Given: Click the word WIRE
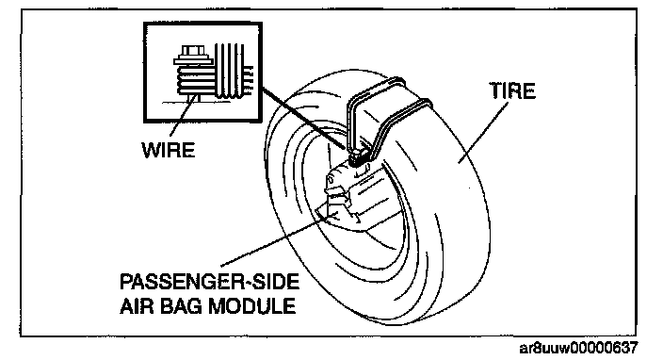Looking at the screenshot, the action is click(169, 150).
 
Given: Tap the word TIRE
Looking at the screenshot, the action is click(512, 91).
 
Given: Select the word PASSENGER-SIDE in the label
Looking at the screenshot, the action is click(210, 282).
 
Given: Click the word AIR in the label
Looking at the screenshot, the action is click(137, 306).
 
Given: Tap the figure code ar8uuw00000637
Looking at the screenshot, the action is click(578, 348).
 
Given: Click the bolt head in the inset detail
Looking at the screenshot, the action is click(192, 51).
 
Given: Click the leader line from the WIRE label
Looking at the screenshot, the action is click(183, 118).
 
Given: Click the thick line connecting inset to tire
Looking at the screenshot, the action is click(303, 118).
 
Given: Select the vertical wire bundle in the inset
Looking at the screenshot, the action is click(229, 71).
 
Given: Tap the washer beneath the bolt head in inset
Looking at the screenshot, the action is click(191, 61).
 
